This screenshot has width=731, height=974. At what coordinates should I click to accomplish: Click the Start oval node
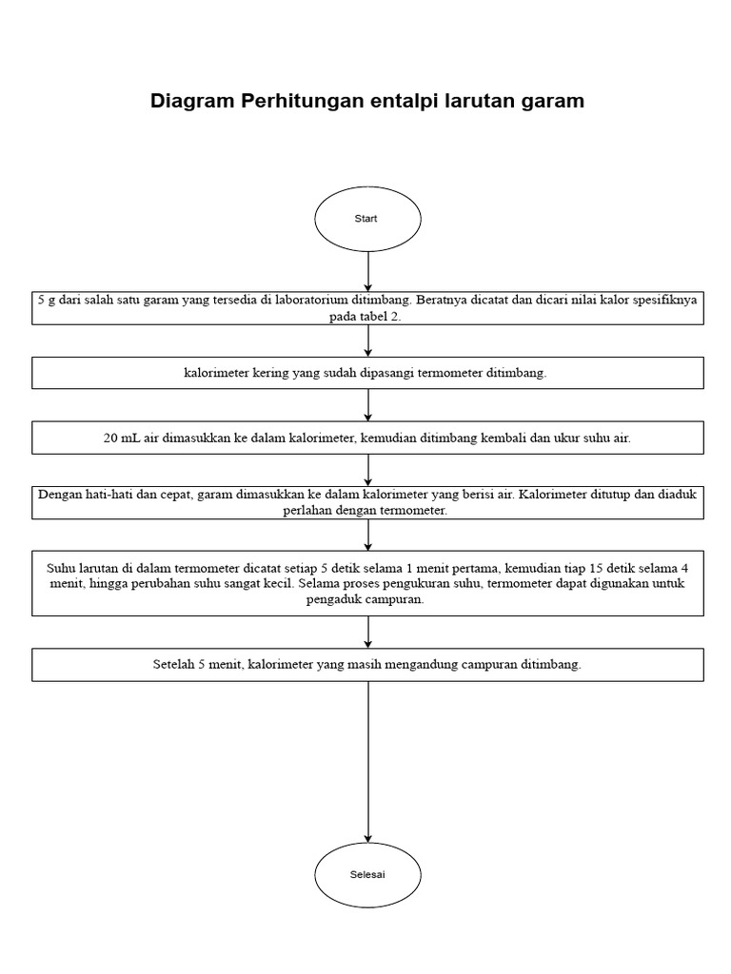pos(366,219)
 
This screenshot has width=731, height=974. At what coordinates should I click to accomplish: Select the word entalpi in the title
pos(402,101)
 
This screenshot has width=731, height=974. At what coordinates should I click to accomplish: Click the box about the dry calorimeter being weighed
pos(366,373)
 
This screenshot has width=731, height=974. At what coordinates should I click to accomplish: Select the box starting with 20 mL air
pos(366,438)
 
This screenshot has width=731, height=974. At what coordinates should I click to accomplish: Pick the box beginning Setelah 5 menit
pos(366,665)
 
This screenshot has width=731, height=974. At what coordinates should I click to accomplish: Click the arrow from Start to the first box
pos(367,271)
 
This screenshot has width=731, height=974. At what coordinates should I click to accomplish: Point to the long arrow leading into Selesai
pos(367,761)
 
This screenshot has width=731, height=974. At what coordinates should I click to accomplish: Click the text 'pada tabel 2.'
pos(366,316)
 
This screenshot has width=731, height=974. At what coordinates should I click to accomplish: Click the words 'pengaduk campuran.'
pos(366,601)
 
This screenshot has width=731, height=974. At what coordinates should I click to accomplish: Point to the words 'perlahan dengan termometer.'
pos(366,511)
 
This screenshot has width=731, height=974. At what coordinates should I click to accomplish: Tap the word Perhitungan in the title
pos(295,101)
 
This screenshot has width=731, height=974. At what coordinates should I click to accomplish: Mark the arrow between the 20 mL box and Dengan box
pos(367,470)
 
